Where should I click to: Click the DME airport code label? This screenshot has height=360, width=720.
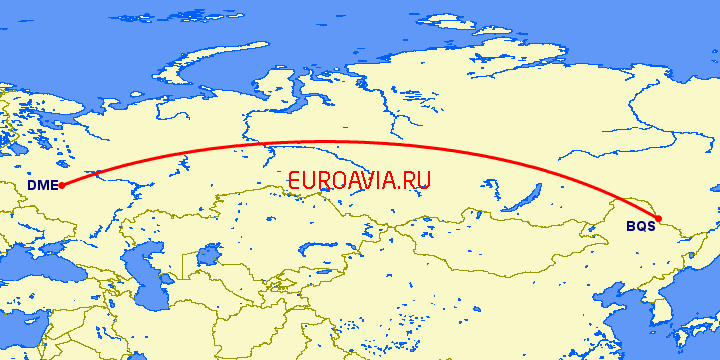point(42,185)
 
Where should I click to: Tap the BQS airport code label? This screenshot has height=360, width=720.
point(640,226)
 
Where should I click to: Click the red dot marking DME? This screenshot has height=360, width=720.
point(62,185)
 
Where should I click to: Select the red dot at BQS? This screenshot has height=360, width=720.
point(658,218)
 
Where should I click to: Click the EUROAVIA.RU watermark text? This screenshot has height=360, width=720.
point(358,181)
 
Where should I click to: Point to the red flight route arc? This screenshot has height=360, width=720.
point(330,141)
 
